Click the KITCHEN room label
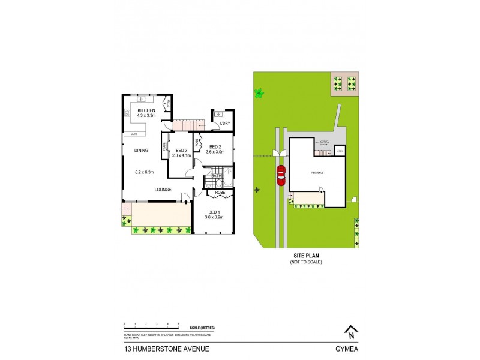point(147,111)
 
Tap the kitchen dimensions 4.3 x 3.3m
point(147,116)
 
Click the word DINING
point(142,151)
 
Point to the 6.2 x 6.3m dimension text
point(144,172)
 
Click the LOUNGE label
point(163,190)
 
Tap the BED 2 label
point(215,147)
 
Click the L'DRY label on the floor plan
point(225,124)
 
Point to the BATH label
point(217,176)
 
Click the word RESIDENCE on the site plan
point(317,173)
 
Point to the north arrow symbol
point(349,331)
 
